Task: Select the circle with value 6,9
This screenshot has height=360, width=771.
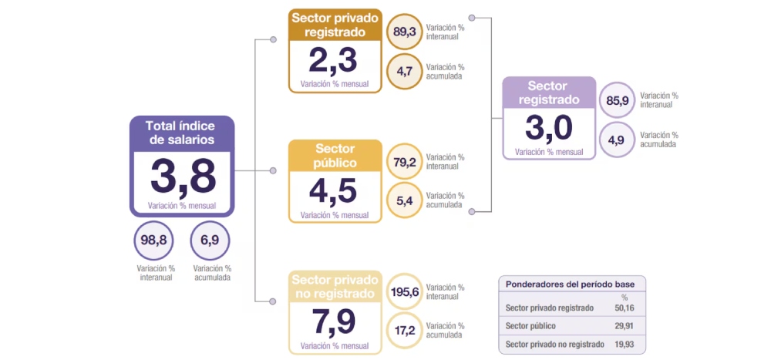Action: [x=210, y=241]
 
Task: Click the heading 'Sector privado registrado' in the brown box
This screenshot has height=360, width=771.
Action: [x=335, y=24]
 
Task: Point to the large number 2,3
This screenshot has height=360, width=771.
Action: [x=333, y=60]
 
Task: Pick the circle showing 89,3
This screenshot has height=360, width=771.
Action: [x=405, y=32]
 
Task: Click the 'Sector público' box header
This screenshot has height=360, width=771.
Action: [x=335, y=155]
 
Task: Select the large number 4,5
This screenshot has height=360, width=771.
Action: [x=333, y=191]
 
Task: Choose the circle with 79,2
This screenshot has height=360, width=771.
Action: [x=405, y=163]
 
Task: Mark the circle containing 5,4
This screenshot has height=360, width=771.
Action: [x=405, y=201]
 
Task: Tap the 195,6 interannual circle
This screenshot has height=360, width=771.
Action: [x=405, y=292]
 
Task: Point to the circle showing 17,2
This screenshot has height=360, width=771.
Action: [x=405, y=331]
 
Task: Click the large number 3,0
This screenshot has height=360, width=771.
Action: [x=548, y=128]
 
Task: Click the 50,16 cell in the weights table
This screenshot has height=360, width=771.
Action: [x=625, y=308]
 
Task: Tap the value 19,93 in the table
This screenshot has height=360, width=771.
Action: [x=625, y=344]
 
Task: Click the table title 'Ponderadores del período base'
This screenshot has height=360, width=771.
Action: [x=571, y=284]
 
